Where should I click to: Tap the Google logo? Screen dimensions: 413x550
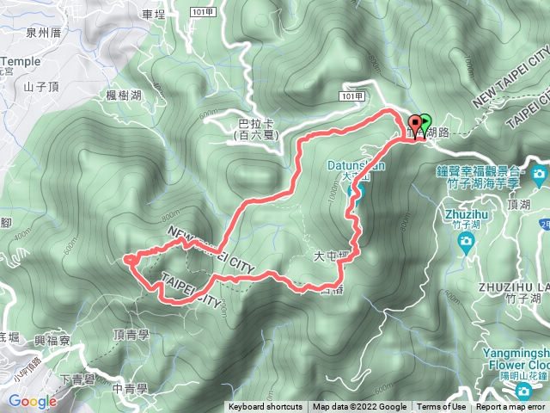[x=33, y=401]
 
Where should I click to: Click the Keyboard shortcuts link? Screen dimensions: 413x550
[x=266, y=407]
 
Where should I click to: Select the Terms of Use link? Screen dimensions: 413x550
[x=443, y=407]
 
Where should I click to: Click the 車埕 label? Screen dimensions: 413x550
[x=154, y=15]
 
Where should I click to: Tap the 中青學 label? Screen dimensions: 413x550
[x=131, y=388]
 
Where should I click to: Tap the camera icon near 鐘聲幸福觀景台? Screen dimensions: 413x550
[x=539, y=176]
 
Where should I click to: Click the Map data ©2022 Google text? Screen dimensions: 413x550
[x=359, y=407]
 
